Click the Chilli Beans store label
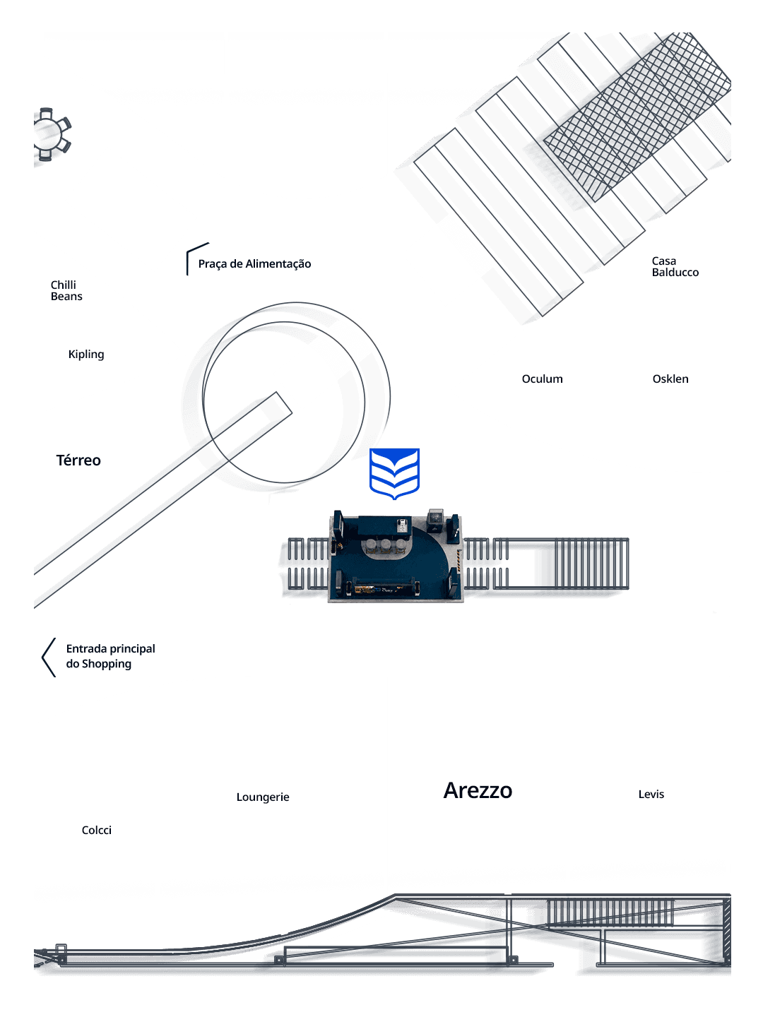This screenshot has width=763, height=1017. coord(66,290)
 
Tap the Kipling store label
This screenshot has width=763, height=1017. coord(86,355)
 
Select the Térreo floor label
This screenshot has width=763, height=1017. coord(78,460)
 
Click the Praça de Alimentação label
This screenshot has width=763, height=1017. coord(254,264)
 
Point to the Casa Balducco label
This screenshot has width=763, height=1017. coord(675,266)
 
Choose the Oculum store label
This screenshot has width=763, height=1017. coord(542,379)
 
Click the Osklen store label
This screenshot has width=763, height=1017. coord(670,379)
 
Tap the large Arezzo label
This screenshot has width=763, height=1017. coord(478,791)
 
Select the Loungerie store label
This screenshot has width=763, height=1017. coord(263,797)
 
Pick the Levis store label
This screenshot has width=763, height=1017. coord(651,794)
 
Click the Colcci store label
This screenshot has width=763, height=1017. coord(96,831)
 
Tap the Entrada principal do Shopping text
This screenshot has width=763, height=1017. coord(110,656)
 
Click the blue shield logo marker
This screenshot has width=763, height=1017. coord(394,473)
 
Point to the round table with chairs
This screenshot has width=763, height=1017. coord(50,134)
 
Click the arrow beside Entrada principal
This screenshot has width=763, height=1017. coord(48,658)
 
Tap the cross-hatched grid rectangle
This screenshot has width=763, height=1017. coord(637,117)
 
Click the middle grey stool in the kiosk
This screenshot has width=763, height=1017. coord(386,546)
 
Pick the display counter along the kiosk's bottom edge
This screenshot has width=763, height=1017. coord(384,589)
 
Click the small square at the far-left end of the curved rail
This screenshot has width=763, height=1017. coord(61,948)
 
